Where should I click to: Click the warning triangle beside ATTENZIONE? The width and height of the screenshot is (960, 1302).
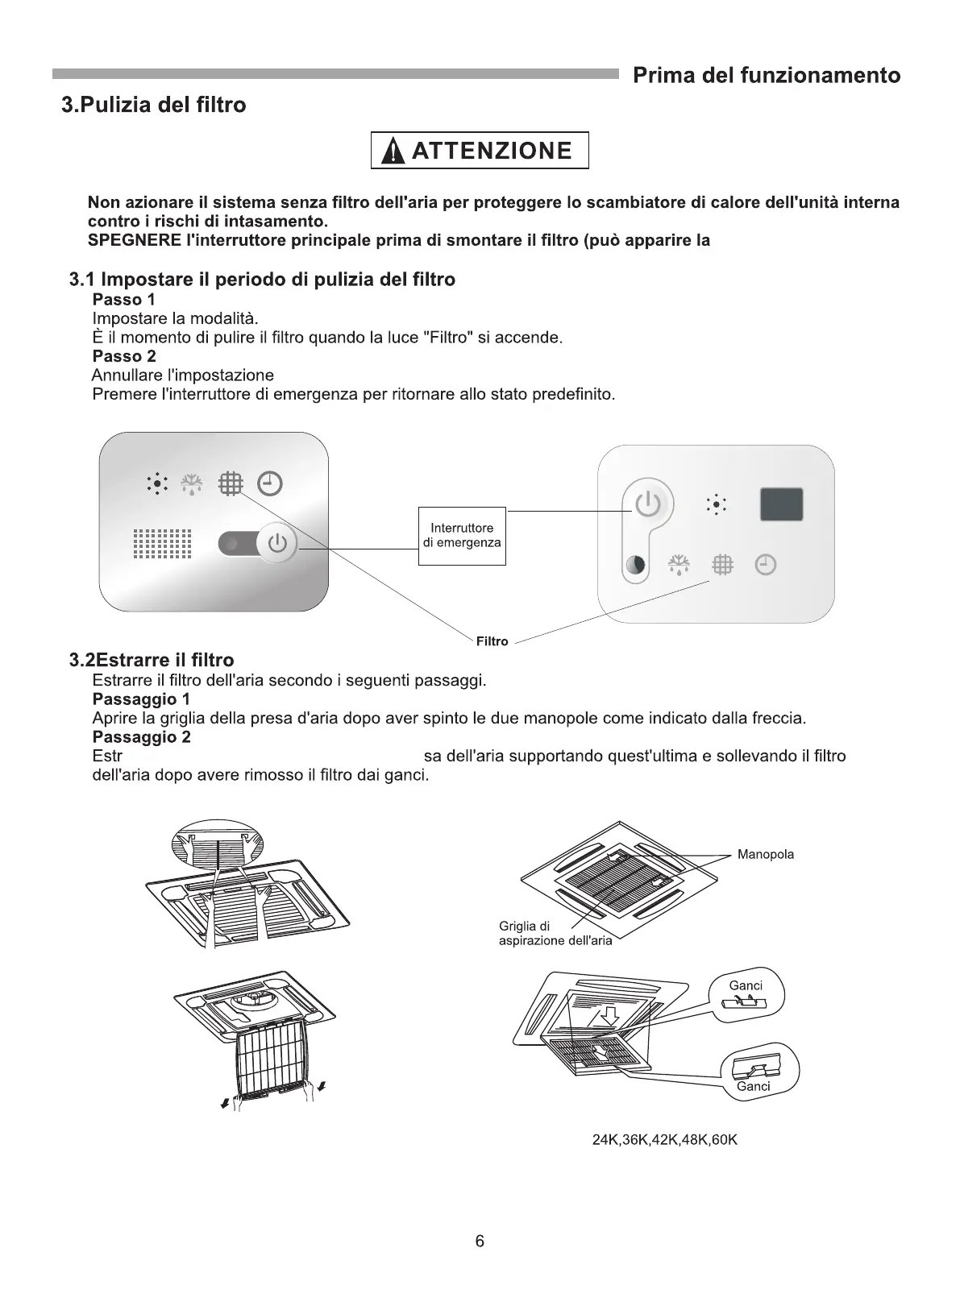[x=393, y=151]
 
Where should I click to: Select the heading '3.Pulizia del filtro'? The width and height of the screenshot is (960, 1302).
[x=154, y=105]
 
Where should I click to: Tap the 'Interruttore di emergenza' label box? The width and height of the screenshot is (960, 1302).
[x=462, y=536]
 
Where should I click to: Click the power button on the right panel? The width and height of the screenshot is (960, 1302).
[x=648, y=504]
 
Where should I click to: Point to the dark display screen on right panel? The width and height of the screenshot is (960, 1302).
[x=781, y=504]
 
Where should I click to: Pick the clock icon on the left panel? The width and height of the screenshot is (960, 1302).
[x=269, y=483]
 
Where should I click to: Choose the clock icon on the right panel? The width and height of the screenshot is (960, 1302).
[x=765, y=565]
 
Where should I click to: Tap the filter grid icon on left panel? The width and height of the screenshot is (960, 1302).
[x=231, y=483]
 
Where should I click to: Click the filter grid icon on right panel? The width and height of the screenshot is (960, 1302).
[x=722, y=565]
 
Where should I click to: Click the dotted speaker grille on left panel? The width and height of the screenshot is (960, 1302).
[x=162, y=544]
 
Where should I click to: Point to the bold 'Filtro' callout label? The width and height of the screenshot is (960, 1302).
[x=492, y=641]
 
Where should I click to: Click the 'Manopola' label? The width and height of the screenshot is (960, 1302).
[x=765, y=855]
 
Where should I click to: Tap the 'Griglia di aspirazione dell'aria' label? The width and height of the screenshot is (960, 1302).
[x=555, y=934]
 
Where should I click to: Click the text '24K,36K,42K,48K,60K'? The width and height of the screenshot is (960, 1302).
[x=664, y=1140]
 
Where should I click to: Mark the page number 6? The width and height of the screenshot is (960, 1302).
[x=480, y=1242]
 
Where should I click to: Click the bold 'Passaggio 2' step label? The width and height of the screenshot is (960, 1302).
[x=142, y=737]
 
